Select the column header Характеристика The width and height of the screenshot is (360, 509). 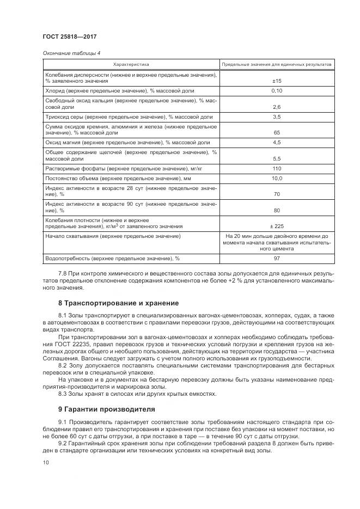coord(131,64)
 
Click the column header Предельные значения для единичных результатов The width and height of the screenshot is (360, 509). coord(276,64)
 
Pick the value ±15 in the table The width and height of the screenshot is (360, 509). coord(276,81)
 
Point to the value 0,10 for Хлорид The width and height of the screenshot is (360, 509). coord(276,90)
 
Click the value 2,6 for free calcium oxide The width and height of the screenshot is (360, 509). coord(276,107)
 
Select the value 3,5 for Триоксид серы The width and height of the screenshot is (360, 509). coord(276,117)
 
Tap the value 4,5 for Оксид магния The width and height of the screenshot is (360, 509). coord(276,143)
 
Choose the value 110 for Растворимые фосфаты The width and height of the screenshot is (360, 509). coord(276,169)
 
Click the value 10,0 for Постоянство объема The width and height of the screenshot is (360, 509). coord(276,178)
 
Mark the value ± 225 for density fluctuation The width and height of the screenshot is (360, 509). coord(276,226)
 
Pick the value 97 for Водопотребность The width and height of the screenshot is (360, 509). coord(276,259)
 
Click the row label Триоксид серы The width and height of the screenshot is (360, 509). coord(62,117)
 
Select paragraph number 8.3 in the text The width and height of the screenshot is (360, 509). coord(63,393)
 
